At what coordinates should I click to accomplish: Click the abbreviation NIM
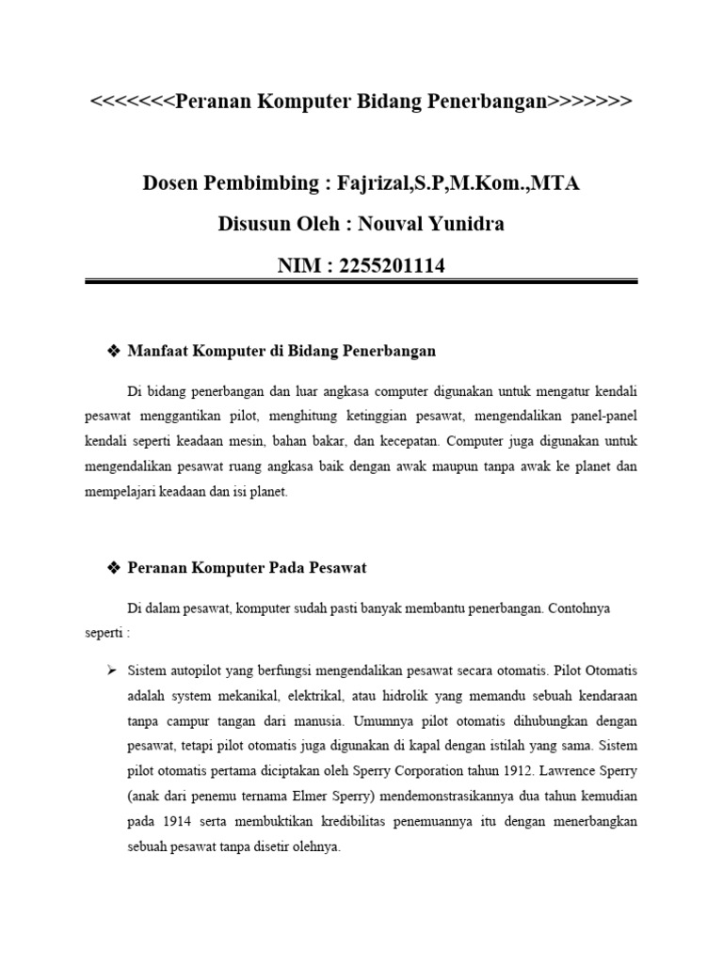coord(298,266)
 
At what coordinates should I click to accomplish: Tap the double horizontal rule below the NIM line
coord(361,281)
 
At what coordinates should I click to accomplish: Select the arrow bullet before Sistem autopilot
coord(110,671)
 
